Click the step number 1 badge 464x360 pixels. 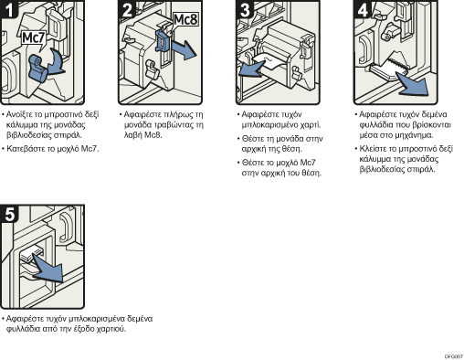[9, 10]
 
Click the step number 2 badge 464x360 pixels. [127, 10]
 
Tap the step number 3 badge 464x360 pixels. [245, 10]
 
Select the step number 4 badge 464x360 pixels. [363, 10]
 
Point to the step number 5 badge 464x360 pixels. [9, 214]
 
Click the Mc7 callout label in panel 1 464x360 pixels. [34, 38]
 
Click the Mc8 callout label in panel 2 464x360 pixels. [185, 20]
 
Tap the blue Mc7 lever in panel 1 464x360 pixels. [37, 69]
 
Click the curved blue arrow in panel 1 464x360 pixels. [57, 63]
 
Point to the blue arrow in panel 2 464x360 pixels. [184, 50]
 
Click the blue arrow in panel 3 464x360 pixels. [252, 69]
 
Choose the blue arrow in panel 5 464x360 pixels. [48, 269]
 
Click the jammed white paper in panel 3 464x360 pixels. [269, 61]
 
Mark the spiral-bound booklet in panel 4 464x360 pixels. [389, 69]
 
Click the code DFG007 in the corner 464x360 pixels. [454, 356]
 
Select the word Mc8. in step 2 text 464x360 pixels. [153, 135]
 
